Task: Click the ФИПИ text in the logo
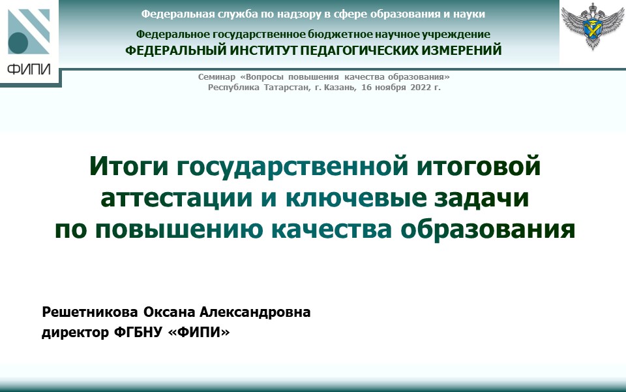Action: tap(28, 69)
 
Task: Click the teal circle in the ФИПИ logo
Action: tap(18, 43)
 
